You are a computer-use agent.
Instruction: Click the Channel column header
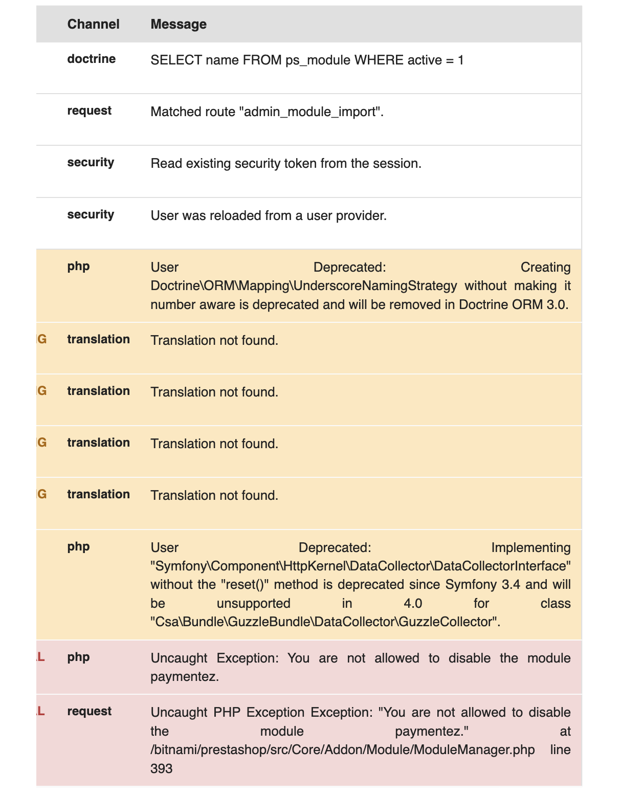point(93,24)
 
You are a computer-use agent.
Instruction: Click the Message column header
point(179,24)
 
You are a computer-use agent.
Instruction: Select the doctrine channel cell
point(92,59)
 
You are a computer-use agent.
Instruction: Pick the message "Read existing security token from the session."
point(286,164)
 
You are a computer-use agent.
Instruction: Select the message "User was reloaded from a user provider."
point(269,216)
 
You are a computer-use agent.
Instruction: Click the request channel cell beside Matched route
point(90,111)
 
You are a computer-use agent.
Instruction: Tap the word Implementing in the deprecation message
point(530,547)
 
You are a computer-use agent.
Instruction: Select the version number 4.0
point(413,603)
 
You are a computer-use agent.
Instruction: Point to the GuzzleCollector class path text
point(325,622)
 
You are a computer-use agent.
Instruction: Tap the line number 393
point(162,768)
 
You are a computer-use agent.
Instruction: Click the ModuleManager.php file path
point(343,749)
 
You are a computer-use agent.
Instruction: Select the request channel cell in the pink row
point(90,711)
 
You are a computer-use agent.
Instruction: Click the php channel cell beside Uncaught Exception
point(78,657)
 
